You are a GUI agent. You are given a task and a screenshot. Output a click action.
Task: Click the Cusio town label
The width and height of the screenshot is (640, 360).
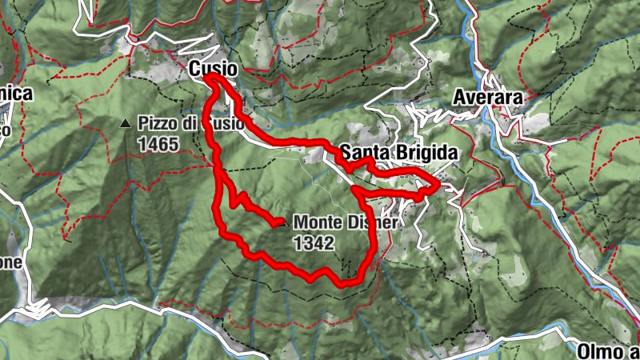[214, 70]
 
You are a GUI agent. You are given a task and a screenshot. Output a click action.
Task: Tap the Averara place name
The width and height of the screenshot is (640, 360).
[486, 97]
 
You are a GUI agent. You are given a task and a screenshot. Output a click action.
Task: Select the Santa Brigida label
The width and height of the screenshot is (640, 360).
[398, 152]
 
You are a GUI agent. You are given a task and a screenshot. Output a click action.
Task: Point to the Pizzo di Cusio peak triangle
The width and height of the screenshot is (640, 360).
[125, 124]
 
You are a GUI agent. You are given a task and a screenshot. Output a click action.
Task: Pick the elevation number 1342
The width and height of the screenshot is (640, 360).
[313, 244]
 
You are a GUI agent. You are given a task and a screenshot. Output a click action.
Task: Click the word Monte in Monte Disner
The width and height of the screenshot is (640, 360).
[318, 223]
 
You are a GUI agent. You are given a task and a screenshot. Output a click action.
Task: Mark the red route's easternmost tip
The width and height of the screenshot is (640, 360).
[438, 187]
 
